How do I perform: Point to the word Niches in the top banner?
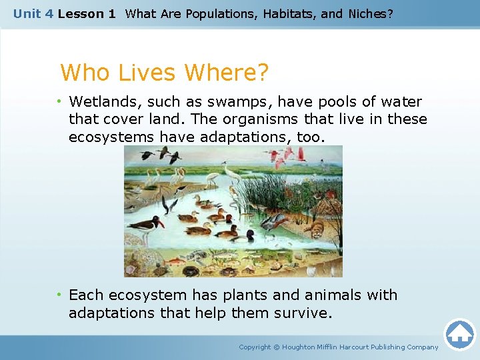click(368, 13)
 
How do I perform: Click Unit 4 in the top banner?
click(33, 13)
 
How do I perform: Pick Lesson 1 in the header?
click(86, 13)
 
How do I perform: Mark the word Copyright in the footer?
click(255, 347)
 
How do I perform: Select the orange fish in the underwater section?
click(175, 261)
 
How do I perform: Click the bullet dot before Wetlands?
click(59, 102)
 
